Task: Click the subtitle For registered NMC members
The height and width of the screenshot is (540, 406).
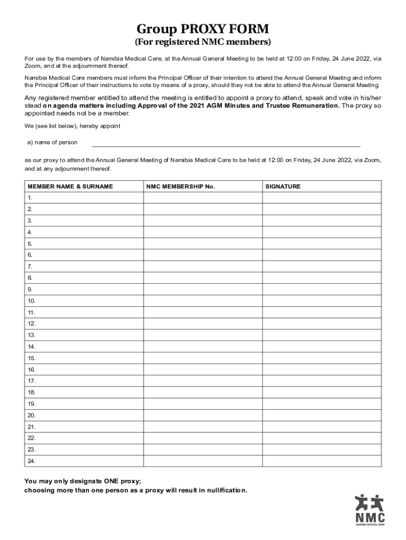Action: [x=203, y=41]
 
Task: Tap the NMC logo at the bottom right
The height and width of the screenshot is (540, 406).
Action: [x=370, y=510]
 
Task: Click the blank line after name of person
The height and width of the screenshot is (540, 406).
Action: [x=226, y=143]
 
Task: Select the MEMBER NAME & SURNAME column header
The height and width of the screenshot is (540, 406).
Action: [x=70, y=186]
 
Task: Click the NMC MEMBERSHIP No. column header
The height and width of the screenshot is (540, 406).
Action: [x=180, y=186]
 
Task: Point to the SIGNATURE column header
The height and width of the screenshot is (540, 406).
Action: [x=283, y=186]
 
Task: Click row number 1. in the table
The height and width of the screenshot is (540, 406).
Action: [x=30, y=198]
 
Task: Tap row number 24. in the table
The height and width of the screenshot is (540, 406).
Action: [x=32, y=461]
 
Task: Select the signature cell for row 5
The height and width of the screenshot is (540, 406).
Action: [x=322, y=244]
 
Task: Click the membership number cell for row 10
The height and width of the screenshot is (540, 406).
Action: [x=202, y=301]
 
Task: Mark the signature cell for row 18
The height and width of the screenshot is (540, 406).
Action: [x=322, y=392]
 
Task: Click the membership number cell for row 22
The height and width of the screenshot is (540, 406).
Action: [x=202, y=438]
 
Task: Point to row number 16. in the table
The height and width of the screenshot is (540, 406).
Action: [x=32, y=370]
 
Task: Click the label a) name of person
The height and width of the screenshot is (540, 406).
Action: [x=52, y=142]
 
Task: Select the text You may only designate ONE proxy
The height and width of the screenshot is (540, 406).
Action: [x=83, y=481]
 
